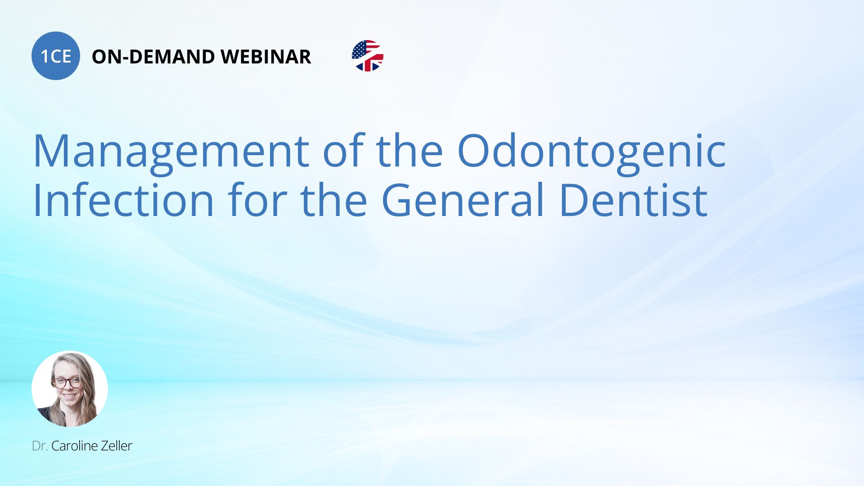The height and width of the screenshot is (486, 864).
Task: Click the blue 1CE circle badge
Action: tap(56, 56)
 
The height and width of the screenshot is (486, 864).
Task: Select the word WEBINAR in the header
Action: tap(266, 57)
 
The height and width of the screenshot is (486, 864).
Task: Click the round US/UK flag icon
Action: tap(368, 56)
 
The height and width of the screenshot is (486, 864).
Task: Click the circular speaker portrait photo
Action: tap(70, 389)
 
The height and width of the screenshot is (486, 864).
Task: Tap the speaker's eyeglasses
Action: tap(67, 382)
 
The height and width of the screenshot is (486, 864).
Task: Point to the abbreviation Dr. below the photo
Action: tap(40, 446)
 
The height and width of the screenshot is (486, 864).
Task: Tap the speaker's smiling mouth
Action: tap(70, 396)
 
